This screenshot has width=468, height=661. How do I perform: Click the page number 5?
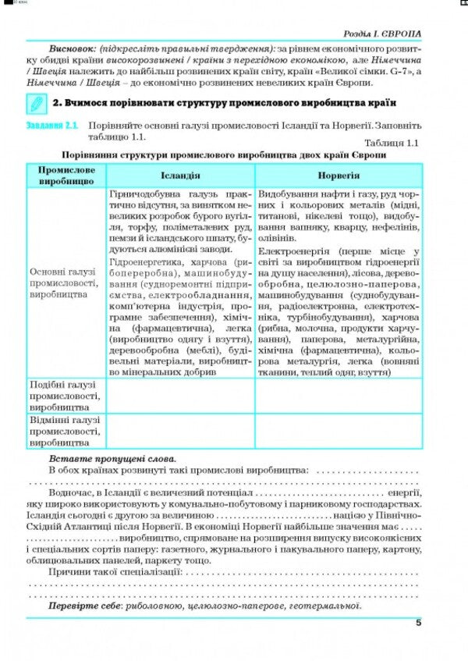click(x=418, y=622)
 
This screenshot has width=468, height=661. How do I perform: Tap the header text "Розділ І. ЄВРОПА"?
click(x=381, y=34)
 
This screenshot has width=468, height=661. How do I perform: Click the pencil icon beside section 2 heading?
click(x=36, y=103)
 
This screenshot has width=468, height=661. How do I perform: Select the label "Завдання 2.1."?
click(x=52, y=125)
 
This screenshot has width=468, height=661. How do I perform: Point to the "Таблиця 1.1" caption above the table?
click(x=392, y=142)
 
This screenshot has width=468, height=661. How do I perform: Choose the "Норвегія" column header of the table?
click(x=338, y=176)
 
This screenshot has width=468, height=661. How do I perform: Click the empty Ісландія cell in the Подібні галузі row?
click(x=180, y=396)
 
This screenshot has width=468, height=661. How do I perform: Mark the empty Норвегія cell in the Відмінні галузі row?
click(x=338, y=431)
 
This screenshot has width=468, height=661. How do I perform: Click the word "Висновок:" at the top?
click(x=72, y=48)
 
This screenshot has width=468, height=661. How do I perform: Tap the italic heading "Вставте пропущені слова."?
click(x=112, y=459)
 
